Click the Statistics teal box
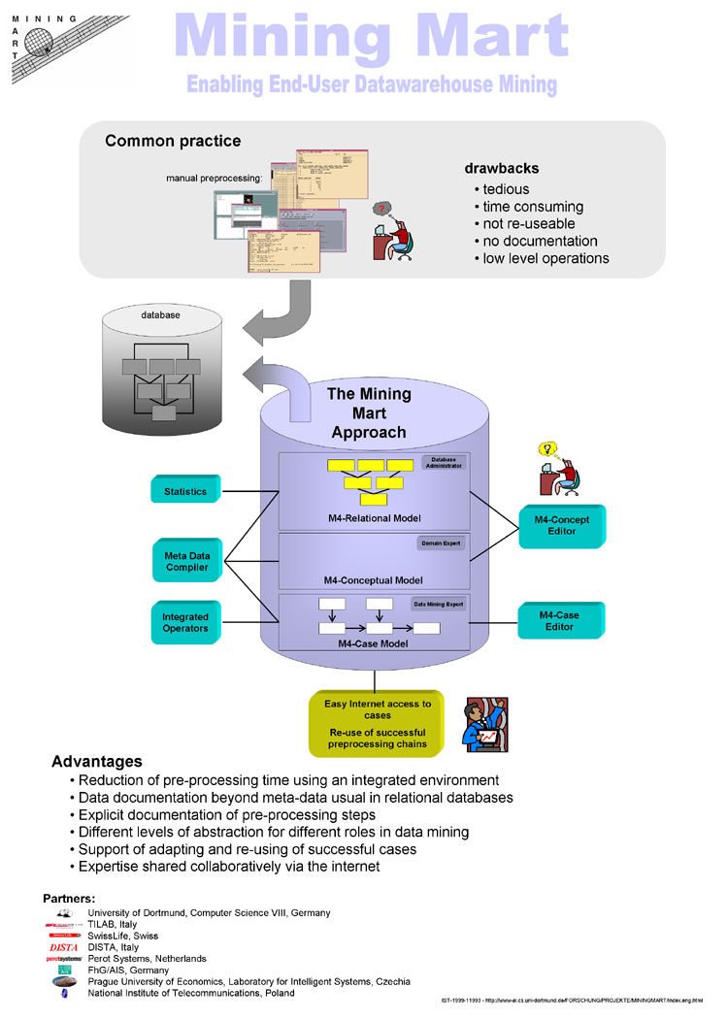[185, 490]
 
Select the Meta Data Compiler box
[185, 561]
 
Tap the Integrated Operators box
[185, 622]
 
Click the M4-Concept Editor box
[561, 525]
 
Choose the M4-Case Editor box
[561, 620]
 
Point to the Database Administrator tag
[443, 462]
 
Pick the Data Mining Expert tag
[439, 604]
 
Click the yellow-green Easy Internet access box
[377, 724]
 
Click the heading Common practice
[173, 142]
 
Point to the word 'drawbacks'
[502, 168]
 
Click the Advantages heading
[96, 762]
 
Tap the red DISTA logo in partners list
[64, 947]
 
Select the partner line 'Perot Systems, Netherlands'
[147, 959]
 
